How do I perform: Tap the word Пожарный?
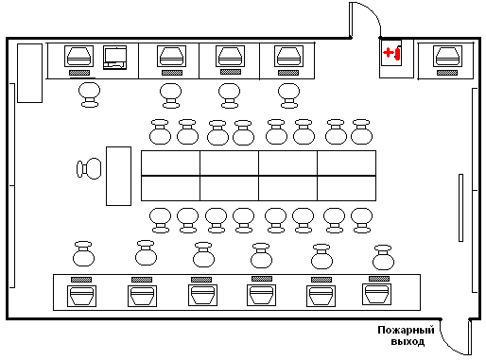tap(406, 330)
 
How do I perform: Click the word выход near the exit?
tap(408, 341)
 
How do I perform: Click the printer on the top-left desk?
tap(115, 58)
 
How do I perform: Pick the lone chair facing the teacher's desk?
tap(89, 168)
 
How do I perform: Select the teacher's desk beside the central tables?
tap(118, 176)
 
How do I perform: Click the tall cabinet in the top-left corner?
tap(29, 73)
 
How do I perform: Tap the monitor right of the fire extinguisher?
tap(447, 57)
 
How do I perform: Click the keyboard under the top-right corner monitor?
tap(447, 73)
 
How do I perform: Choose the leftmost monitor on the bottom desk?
tap(81, 296)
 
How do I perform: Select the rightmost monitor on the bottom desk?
tap(376, 294)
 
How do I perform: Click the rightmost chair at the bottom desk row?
tap(383, 258)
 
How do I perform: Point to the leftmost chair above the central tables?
tap(160, 132)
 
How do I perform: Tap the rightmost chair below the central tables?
tap(361, 220)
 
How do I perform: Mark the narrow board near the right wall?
tap(460, 208)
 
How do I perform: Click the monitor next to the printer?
tap(78, 56)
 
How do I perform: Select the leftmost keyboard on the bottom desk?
tap(81, 280)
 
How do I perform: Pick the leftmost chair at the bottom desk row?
tap(83, 254)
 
